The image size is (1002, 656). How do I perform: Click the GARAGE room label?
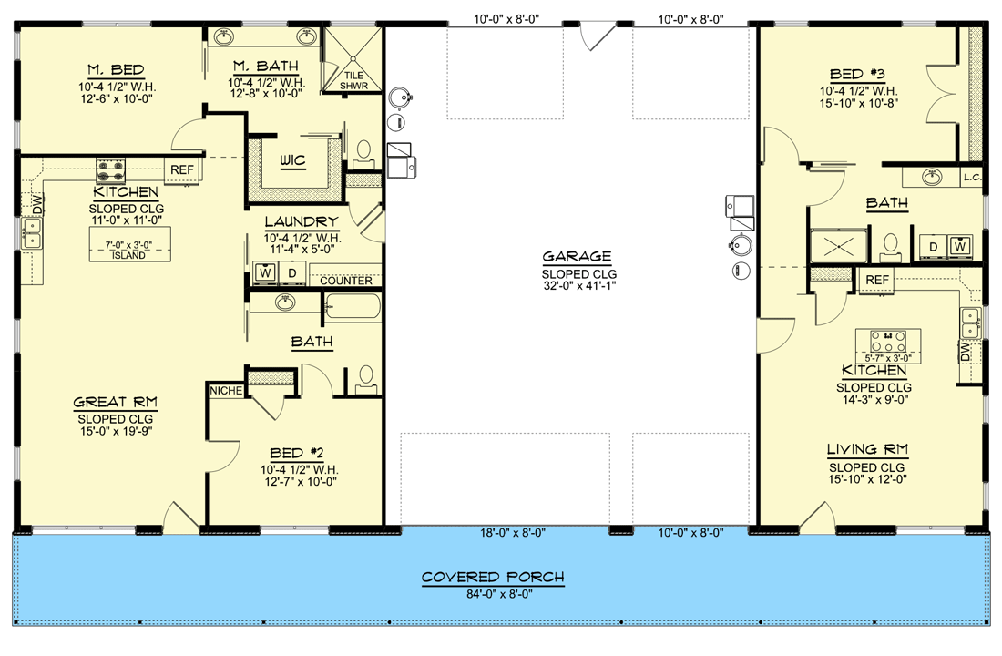[576, 257]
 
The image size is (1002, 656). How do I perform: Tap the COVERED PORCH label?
[492, 577]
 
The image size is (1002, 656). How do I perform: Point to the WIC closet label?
[291, 160]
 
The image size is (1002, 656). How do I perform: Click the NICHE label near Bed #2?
[226, 390]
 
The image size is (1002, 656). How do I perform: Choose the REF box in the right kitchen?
[877, 279]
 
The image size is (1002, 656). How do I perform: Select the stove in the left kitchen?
[111, 169]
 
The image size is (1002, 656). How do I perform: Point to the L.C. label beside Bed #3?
[972, 179]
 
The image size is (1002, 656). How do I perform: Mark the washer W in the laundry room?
[266, 272]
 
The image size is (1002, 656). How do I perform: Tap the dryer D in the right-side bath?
[934, 245]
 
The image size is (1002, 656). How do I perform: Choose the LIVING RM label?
[864, 449]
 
